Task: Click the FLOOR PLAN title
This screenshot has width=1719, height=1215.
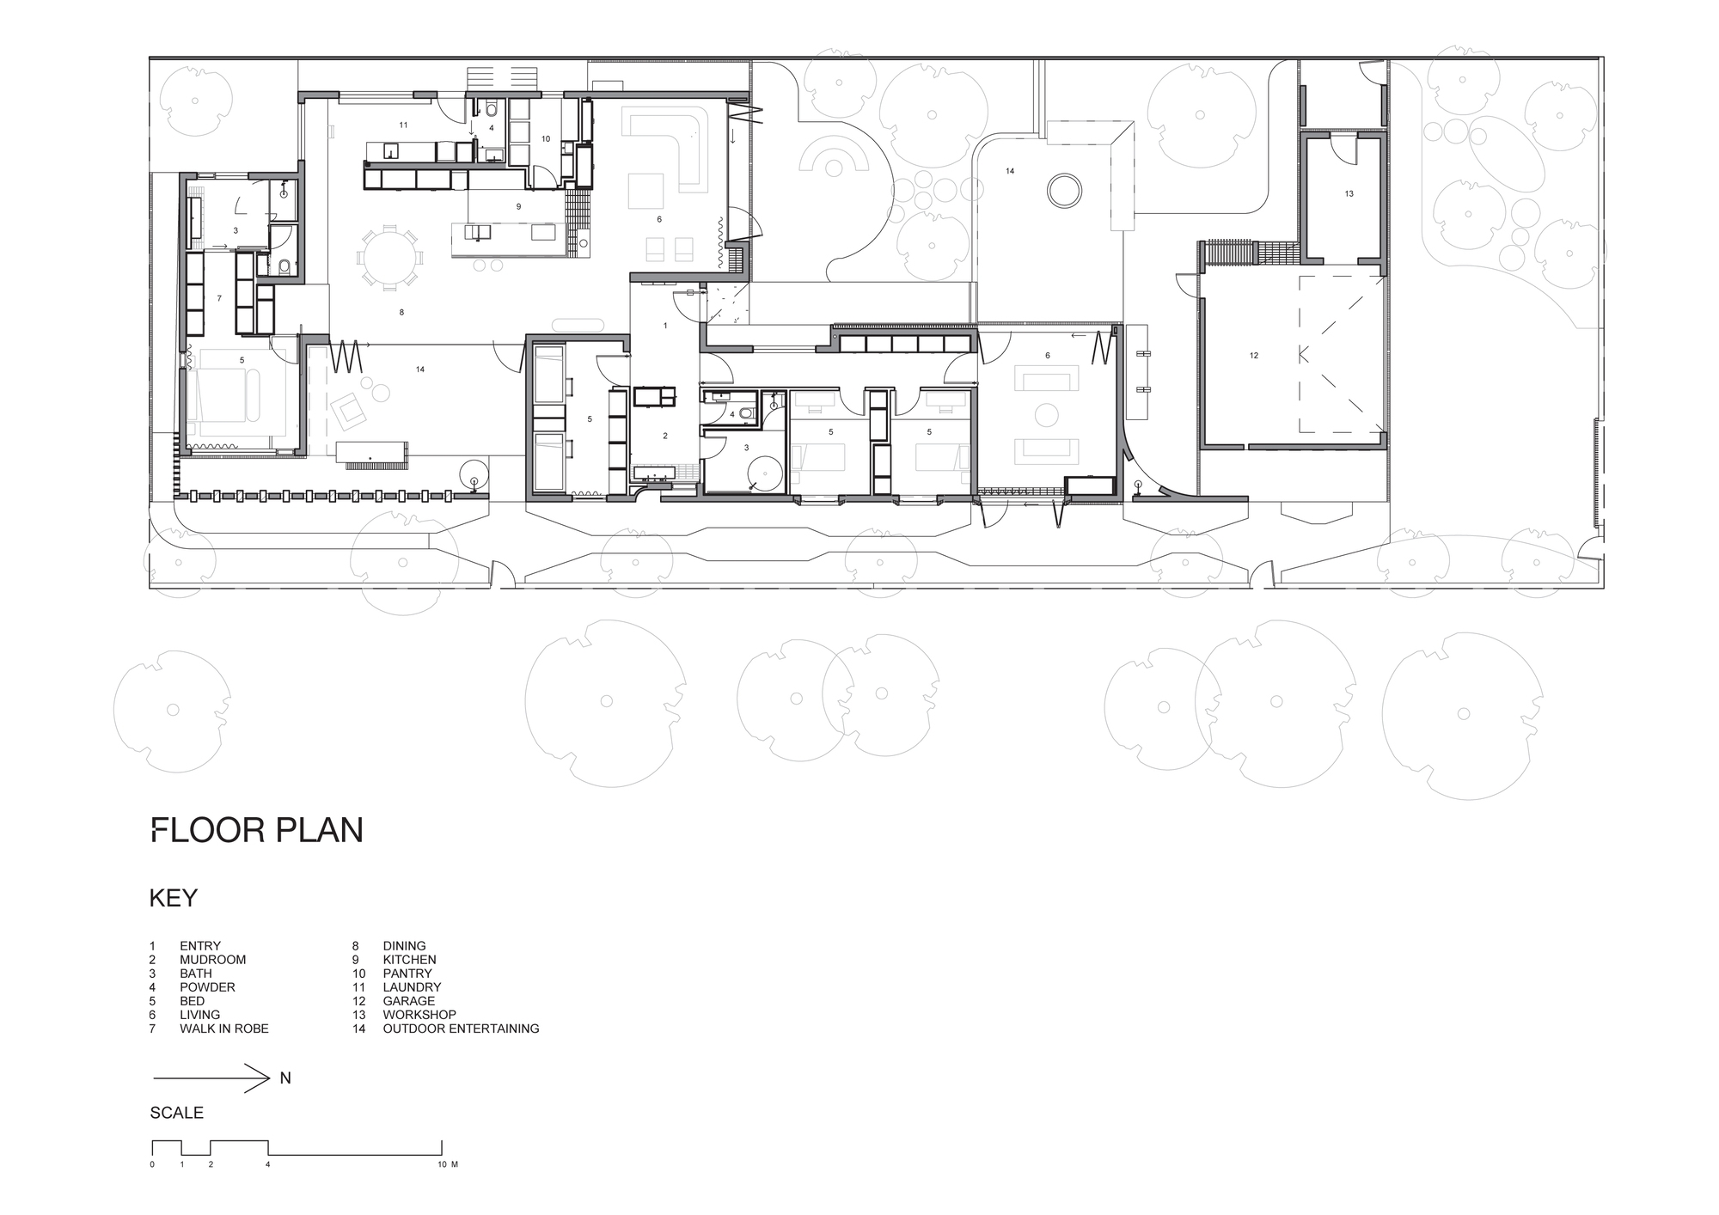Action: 257,830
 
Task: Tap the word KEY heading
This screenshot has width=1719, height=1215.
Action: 174,898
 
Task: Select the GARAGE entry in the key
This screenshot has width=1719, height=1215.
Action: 409,1001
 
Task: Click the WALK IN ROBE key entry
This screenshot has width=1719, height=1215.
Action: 224,1029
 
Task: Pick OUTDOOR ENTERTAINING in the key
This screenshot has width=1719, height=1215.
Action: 462,1029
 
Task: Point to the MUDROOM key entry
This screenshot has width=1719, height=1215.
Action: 213,960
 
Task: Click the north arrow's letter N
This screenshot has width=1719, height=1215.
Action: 285,1078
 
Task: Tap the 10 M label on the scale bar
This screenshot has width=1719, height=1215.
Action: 447,1165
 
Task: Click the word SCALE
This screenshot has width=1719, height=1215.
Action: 177,1113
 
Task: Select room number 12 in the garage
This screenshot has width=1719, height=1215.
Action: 1254,355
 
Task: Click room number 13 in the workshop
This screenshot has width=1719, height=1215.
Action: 1349,194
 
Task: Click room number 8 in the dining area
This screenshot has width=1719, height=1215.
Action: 401,313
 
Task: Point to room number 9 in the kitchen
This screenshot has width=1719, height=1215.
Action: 518,207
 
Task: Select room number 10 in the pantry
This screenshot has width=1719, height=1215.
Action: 545,138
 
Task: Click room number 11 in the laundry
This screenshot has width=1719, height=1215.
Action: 403,125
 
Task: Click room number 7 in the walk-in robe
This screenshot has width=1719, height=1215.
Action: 219,298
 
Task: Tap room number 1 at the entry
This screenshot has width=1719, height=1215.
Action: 665,326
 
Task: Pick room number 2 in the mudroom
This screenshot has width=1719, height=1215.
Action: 665,437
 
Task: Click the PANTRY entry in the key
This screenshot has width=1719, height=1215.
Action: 407,974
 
